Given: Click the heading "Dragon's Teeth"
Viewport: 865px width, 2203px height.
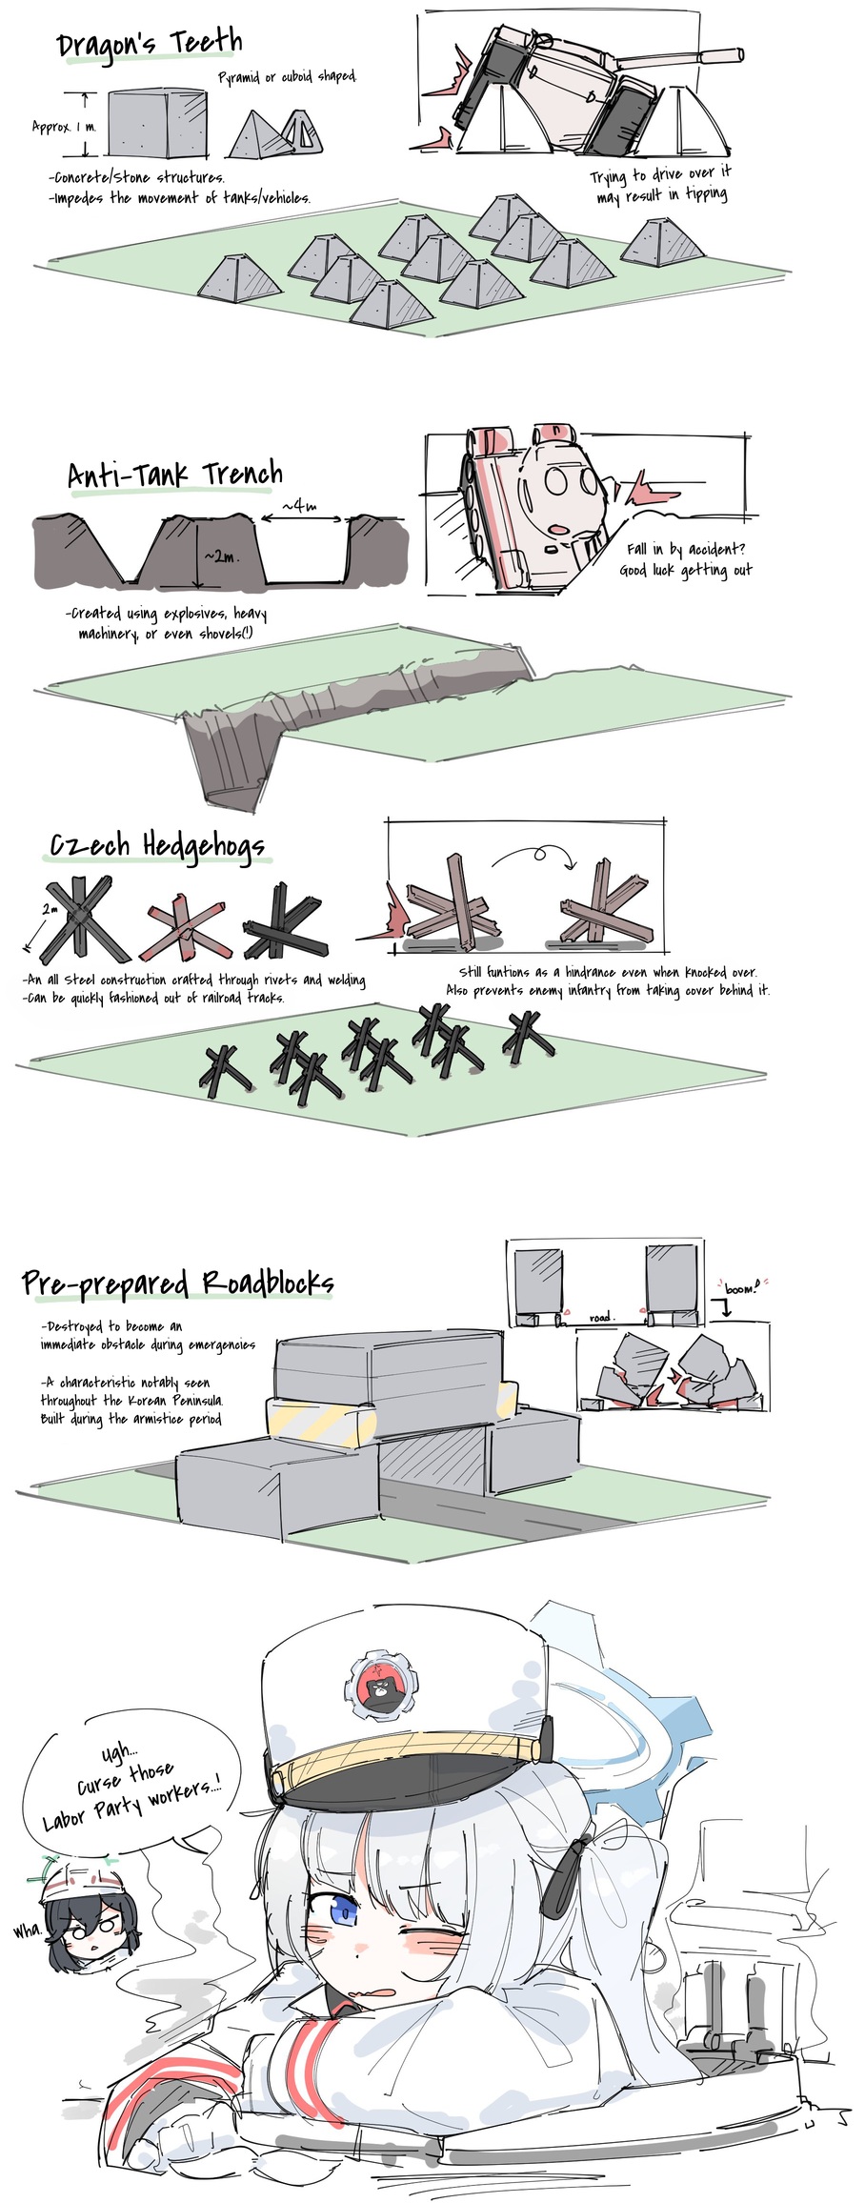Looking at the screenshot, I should coord(150,44).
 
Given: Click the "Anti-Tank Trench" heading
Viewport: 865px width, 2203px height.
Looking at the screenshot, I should coord(175,474).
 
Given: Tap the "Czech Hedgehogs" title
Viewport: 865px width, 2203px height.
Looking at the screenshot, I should coord(157,845).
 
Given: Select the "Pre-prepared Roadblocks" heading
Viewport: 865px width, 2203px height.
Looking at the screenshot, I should coord(178,1283).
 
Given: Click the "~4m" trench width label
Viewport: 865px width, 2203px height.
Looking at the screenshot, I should coord(299,506).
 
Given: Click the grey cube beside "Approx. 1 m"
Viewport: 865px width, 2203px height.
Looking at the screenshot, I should coord(157,124).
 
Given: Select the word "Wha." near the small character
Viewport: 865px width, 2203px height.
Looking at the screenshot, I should coord(27,1904).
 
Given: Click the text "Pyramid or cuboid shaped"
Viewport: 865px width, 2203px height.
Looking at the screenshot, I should coord(288,77).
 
